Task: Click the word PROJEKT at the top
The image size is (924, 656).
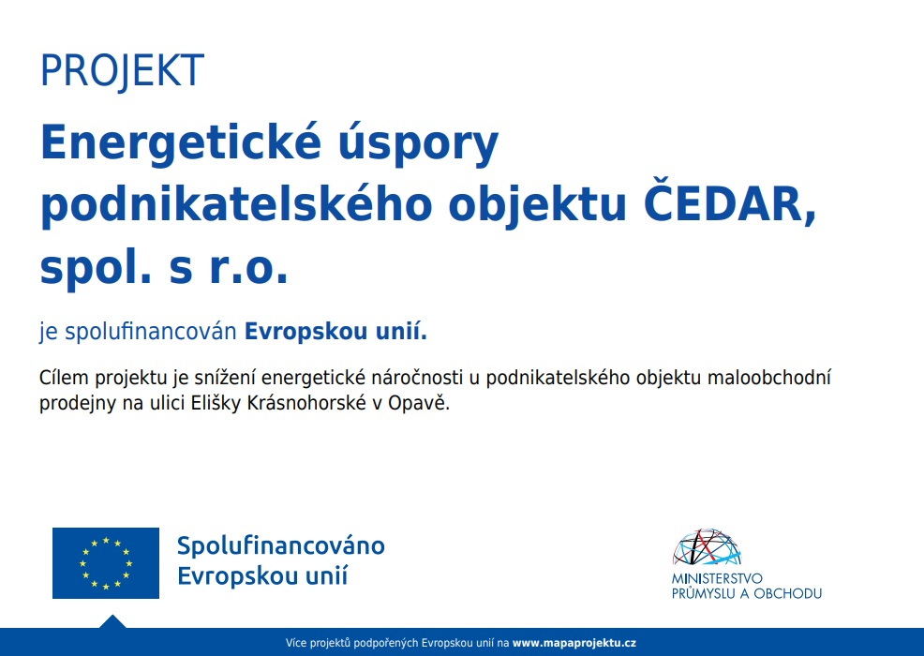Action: [x=122, y=70]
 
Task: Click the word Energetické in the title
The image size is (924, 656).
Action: [x=181, y=143]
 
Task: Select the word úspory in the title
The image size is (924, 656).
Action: [x=418, y=143]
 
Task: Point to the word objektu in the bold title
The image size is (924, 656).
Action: [x=537, y=205]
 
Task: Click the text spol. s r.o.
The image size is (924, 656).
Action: [x=164, y=266]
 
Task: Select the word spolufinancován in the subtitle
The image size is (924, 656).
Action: [x=150, y=332]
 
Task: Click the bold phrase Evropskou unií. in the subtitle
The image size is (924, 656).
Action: [x=335, y=332]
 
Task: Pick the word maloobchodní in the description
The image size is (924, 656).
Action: [x=769, y=378]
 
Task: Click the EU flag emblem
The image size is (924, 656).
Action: [x=106, y=563]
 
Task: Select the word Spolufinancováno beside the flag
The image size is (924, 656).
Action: [x=281, y=546]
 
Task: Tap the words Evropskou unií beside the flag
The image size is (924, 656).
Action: [x=262, y=575]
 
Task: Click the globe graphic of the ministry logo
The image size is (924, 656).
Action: [x=707, y=547]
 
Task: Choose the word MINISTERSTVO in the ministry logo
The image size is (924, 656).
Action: [x=717, y=578]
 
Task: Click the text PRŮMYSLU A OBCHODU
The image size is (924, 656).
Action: [x=747, y=593]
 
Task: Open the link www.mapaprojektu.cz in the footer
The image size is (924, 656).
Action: [x=574, y=643]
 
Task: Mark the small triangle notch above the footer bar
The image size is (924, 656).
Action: [x=112, y=622]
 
